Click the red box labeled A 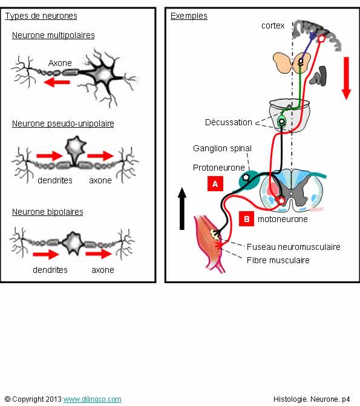tap(215, 184)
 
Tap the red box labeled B tap(246, 219)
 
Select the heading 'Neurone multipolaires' tap(53, 35)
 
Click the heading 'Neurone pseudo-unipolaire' tap(63, 123)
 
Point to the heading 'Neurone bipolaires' tap(48, 212)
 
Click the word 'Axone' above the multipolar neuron tap(60, 63)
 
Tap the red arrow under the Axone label tap(57, 82)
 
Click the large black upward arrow tap(182, 209)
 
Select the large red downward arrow tap(346, 78)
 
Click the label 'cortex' tap(273, 25)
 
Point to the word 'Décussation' tap(229, 122)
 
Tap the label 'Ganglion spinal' tap(222, 148)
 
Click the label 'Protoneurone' tap(219, 168)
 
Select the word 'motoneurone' tap(283, 219)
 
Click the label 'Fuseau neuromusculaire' tap(293, 247)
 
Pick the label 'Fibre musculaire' tap(278, 260)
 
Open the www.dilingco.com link tap(92, 399)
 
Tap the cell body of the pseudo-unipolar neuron tap(76, 147)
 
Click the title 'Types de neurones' tap(41, 16)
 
